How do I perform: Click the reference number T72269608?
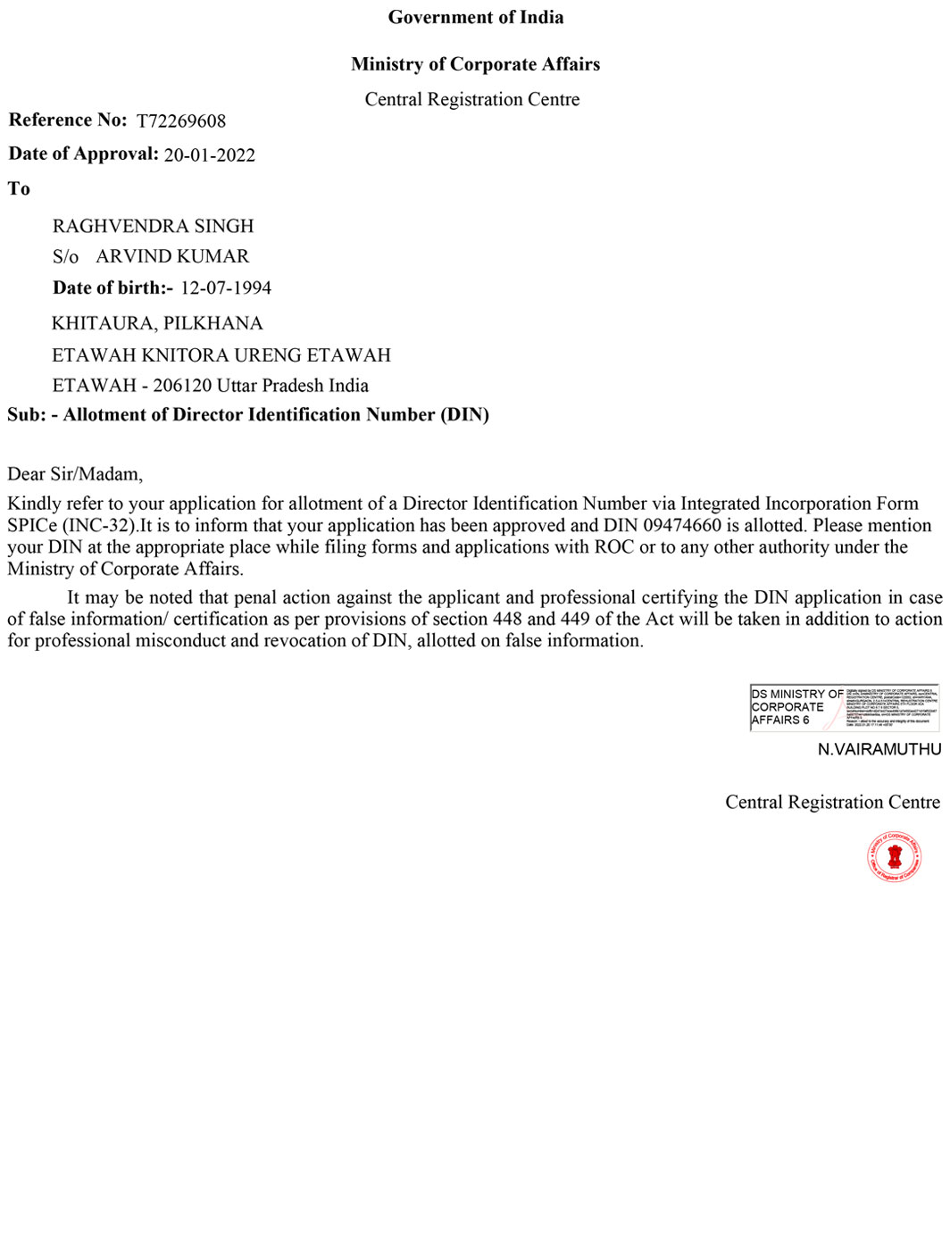click(x=181, y=121)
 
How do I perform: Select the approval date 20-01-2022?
click(x=210, y=155)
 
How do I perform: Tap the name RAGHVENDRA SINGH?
click(x=153, y=226)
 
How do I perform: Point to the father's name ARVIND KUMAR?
click(x=172, y=256)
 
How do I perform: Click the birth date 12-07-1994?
click(x=226, y=287)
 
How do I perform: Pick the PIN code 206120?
click(x=182, y=386)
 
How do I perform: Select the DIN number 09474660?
click(x=682, y=525)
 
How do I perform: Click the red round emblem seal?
click(x=894, y=857)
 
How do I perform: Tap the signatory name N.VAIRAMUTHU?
click(x=879, y=749)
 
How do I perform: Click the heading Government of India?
click(x=476, y=17)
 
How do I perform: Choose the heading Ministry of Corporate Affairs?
click(x=475, y=64)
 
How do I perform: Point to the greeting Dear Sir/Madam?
click(x=75, y=474)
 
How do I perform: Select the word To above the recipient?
click(x=19, y=188)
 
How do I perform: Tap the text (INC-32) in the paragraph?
click(x=99, y=525)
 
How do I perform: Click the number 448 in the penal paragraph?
click(x=507, y=619)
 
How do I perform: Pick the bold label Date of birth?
click(x=112, y=287)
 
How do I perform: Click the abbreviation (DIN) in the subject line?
click(x=464, y=414)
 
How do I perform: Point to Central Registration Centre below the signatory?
click(x=832, y=802)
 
